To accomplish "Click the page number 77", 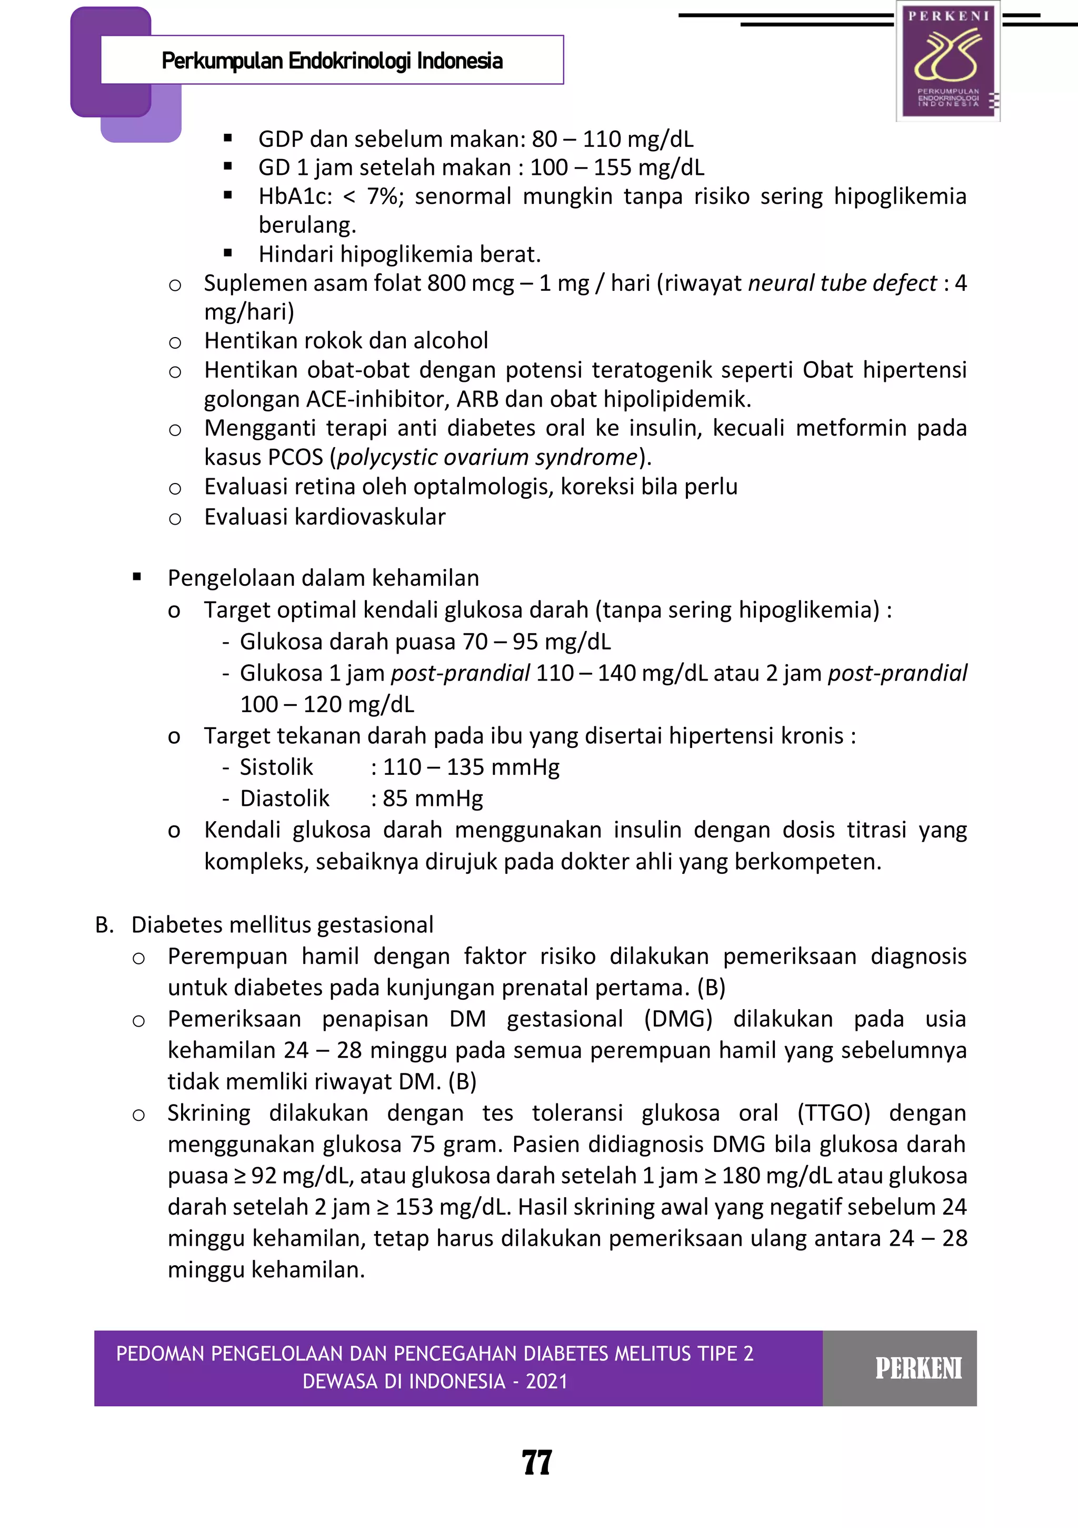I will (537, 1462).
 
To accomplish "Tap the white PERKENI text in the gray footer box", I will (918, 1369).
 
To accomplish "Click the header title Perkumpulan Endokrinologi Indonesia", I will (332, 61).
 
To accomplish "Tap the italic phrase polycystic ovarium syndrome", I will (487, 458).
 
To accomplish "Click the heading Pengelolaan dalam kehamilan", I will (323, 578).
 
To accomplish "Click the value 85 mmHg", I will (432, 798).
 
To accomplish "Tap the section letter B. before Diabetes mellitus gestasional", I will (104, 925).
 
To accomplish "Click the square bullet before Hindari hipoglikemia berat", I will (228, 253).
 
